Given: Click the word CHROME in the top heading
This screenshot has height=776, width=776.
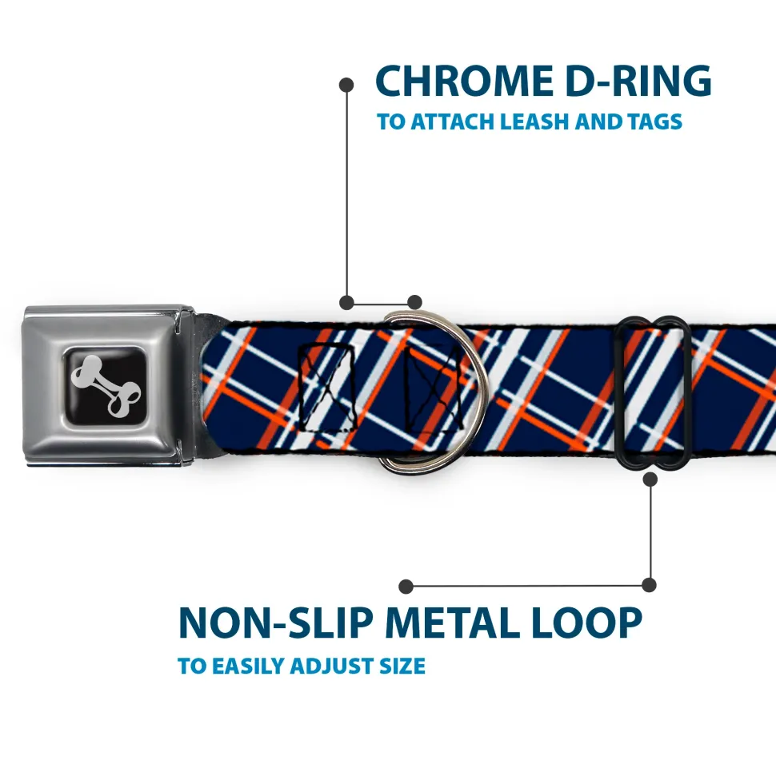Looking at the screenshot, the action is click(x=464, y=81).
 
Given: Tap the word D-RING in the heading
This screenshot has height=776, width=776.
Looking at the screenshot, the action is click(x=638, y=81).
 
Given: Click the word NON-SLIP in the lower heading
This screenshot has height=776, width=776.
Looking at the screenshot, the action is click(x=275, y=623).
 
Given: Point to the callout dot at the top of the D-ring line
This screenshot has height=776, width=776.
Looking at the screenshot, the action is click(x=346, y=85).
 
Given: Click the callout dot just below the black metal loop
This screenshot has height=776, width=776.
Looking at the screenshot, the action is click(x=650, y=479).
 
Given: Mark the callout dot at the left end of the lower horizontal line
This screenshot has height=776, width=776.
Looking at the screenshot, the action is click(x=406, y=587).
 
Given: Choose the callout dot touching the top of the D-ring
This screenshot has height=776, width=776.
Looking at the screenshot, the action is click(x=414, y=302).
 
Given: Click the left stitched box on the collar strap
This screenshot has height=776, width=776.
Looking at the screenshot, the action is click(x=327, y=387).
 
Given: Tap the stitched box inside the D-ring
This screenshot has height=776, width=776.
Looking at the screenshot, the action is click(x=433, y=388).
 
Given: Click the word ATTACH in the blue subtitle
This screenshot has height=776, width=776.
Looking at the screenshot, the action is click(x=453, y=121).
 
